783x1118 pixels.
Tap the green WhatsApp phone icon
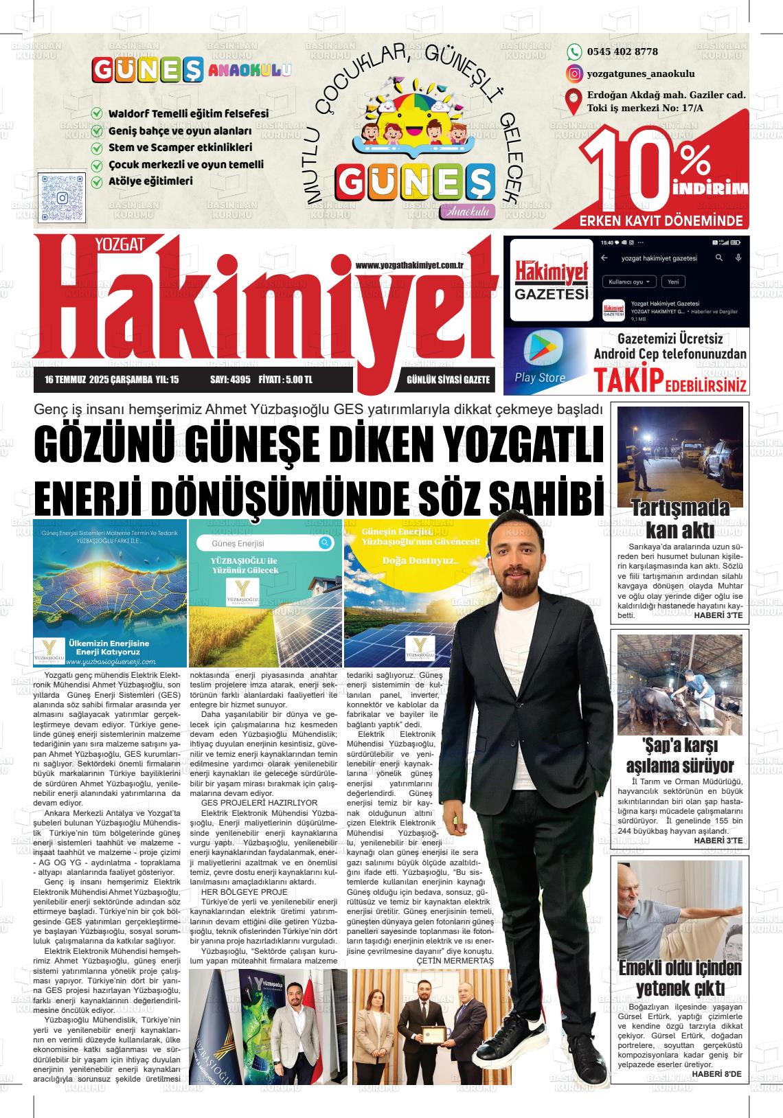pos(574,52)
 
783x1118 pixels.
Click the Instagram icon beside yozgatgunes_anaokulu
pos(574,73)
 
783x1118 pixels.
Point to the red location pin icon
pos(574,102)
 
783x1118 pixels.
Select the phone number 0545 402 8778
pos(622,52)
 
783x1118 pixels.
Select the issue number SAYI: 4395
pos(230,380)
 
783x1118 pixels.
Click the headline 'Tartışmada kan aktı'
pos(680,519)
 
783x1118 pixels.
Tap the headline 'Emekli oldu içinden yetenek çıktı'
pos(680,978)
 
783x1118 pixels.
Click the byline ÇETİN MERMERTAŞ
pos(455,960)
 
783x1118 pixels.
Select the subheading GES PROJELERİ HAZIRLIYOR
pos(259,802)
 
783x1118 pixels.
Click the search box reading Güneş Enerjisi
pos(264,544)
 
